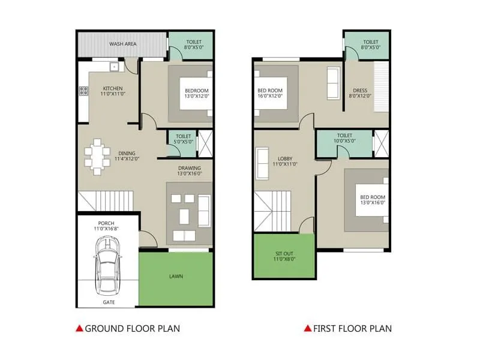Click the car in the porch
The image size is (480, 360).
click(107, 265)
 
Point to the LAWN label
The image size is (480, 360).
click(176, 277)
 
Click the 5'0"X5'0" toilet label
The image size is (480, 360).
click(180, 139)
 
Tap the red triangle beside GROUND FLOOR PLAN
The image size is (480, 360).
click(79, 328)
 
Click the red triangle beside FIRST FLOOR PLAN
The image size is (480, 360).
click(307, 328)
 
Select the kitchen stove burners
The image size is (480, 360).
click(83, 92)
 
